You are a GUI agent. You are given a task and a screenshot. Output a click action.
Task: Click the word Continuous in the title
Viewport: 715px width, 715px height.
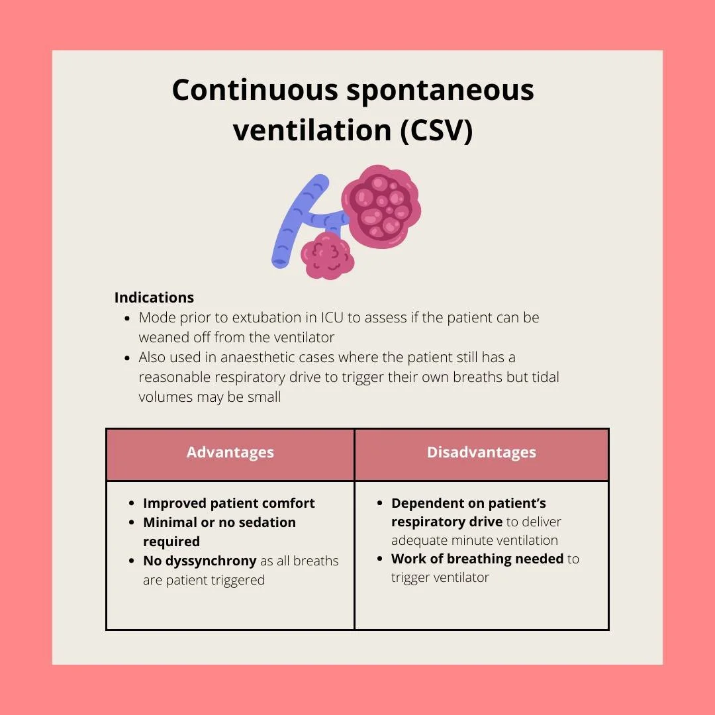[x=255, y=90]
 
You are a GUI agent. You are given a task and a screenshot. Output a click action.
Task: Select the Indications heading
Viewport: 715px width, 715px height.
[x=154, y=297]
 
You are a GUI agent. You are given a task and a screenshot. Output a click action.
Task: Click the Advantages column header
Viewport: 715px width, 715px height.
[x=230, y=453]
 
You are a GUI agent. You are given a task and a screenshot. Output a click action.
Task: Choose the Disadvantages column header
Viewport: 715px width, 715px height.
[x=481, y=453]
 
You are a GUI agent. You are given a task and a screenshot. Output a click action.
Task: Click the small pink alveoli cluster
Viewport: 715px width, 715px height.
[x=327, y=255]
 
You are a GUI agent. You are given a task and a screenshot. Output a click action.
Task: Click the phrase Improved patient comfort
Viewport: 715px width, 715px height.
[x=229, y=503]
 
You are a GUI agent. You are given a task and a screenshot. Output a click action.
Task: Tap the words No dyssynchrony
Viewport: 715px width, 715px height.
[x=199, y=561]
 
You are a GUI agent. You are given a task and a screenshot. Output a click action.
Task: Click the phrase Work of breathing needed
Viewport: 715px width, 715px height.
[x=477, y=559]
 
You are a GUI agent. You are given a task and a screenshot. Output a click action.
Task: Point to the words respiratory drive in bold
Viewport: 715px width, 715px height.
[x=447, y=522]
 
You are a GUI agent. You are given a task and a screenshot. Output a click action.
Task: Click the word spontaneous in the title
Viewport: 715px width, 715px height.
[x=440, y=90]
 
